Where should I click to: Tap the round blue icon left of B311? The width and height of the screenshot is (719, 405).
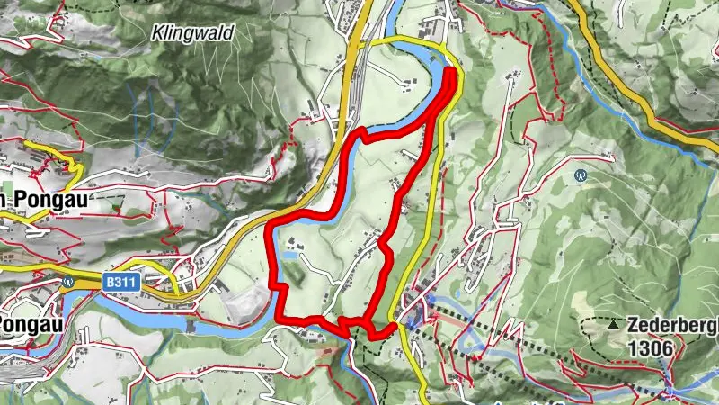point(68,280)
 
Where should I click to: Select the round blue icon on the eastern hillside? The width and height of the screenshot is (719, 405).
point(581,175)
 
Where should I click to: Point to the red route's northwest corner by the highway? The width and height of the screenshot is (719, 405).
point(273,223)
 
